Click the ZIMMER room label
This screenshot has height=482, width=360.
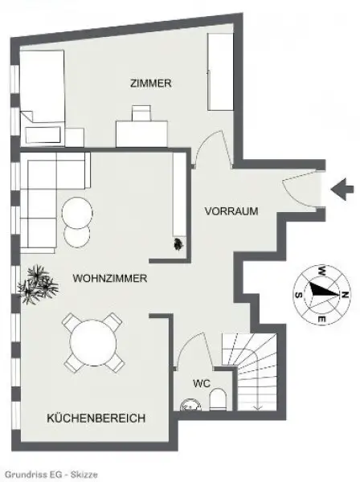pyautogui.click(x=151, y=84)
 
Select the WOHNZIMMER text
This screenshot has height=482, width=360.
pyautogui.click(x=108, y=279)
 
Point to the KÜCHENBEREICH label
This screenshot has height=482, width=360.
pyautogui.click(x=96, y=419)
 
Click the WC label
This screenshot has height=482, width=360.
pyautogui.click(x=202, y=382)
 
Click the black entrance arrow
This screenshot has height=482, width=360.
pyautogui.click(x=343, y=190)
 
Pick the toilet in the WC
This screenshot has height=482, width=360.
pyautogui.click(x=217, y=400)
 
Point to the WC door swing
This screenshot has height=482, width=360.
pyautogui.click(x=186, y=354)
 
